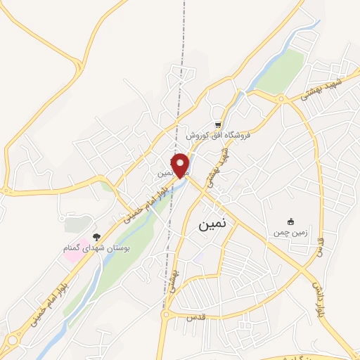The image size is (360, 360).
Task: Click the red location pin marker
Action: pyautogui.click(x=181, y=165)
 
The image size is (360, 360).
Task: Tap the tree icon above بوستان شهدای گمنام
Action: pyautogui.click(x=96, y=237)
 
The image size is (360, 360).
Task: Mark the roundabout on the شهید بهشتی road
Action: pyautogui.click(x=282, y=98)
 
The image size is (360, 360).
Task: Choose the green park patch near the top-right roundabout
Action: pyautogui.click(x=281, y=70)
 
